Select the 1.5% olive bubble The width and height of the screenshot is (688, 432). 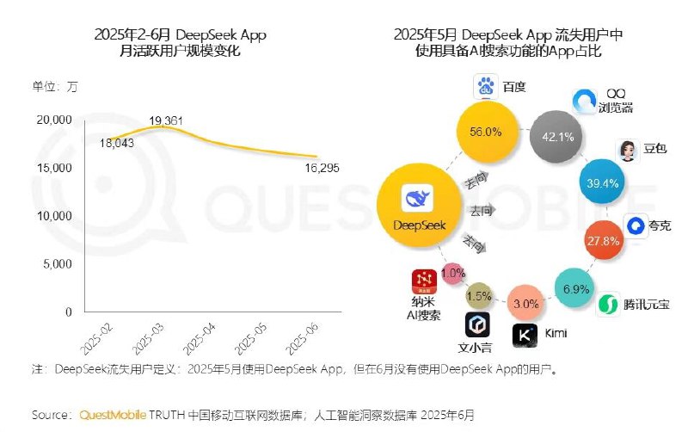click(x=480, y=296)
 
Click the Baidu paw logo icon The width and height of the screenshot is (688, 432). click(x=486, y=86)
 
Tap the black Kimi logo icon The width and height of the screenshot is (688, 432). click(x=526, y=335)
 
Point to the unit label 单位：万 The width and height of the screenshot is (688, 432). click(x=55, y=85)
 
